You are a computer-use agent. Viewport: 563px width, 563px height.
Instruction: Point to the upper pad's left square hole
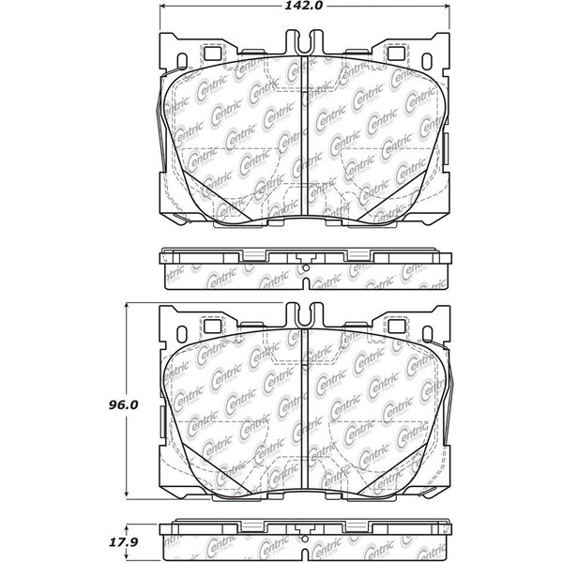(x=209, y=53)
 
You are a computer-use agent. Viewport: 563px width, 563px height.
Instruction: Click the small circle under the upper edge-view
(x=306, y=271)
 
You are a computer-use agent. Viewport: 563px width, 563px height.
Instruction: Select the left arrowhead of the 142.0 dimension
(x=156, y=7)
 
